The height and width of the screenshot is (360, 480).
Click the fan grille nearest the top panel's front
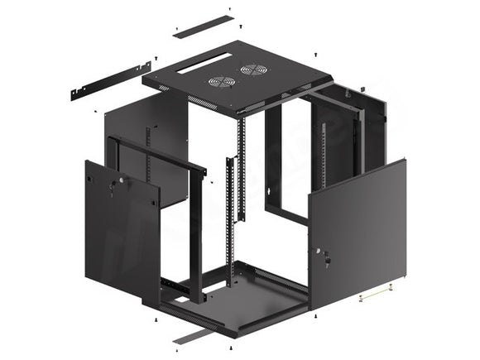(x=221, y=81)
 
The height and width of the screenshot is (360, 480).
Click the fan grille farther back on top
(x=252, y=70)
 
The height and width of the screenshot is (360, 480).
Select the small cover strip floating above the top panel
(x=202, y=24)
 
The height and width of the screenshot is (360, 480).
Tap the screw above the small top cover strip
(x=229, y=9)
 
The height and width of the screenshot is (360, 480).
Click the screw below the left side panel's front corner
(x=156, y=318)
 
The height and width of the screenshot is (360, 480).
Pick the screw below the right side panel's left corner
(x=314, y=318)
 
